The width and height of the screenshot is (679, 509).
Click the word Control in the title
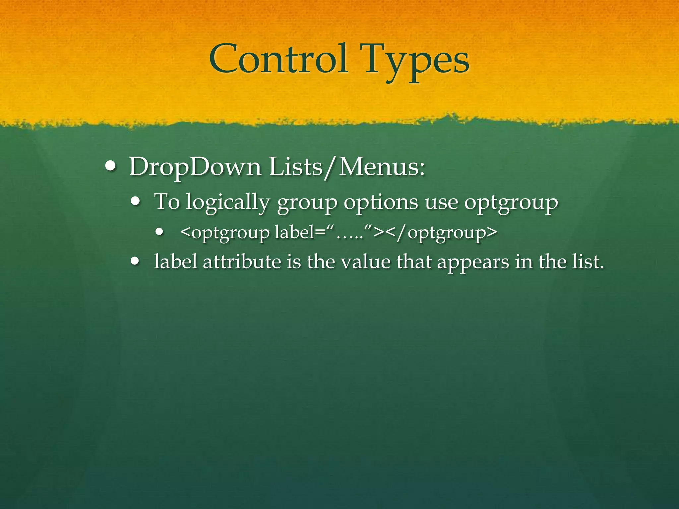278,59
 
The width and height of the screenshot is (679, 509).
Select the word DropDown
195,167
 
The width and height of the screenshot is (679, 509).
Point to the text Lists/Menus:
347,167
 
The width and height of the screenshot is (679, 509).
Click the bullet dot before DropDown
110,166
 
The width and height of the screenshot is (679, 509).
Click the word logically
228,202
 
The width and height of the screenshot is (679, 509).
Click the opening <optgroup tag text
225,233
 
